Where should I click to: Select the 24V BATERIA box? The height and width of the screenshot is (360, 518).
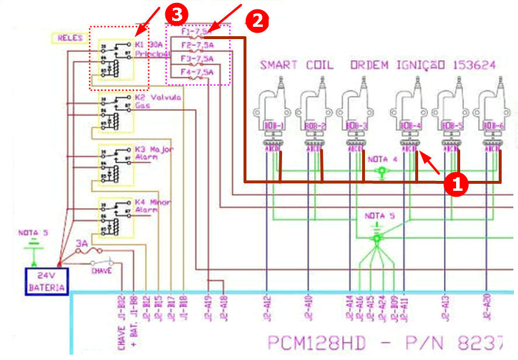click(x=47, y=281)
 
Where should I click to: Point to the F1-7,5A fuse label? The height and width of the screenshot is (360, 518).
click(x=196, y=33)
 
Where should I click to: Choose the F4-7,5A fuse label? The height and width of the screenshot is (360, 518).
click(x=196, y=72)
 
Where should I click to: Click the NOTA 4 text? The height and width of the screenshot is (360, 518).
click(x=383, y=159)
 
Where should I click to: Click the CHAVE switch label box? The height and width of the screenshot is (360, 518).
click(x=99, y=270)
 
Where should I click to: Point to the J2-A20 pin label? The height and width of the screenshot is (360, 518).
click(x=486, y=307)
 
